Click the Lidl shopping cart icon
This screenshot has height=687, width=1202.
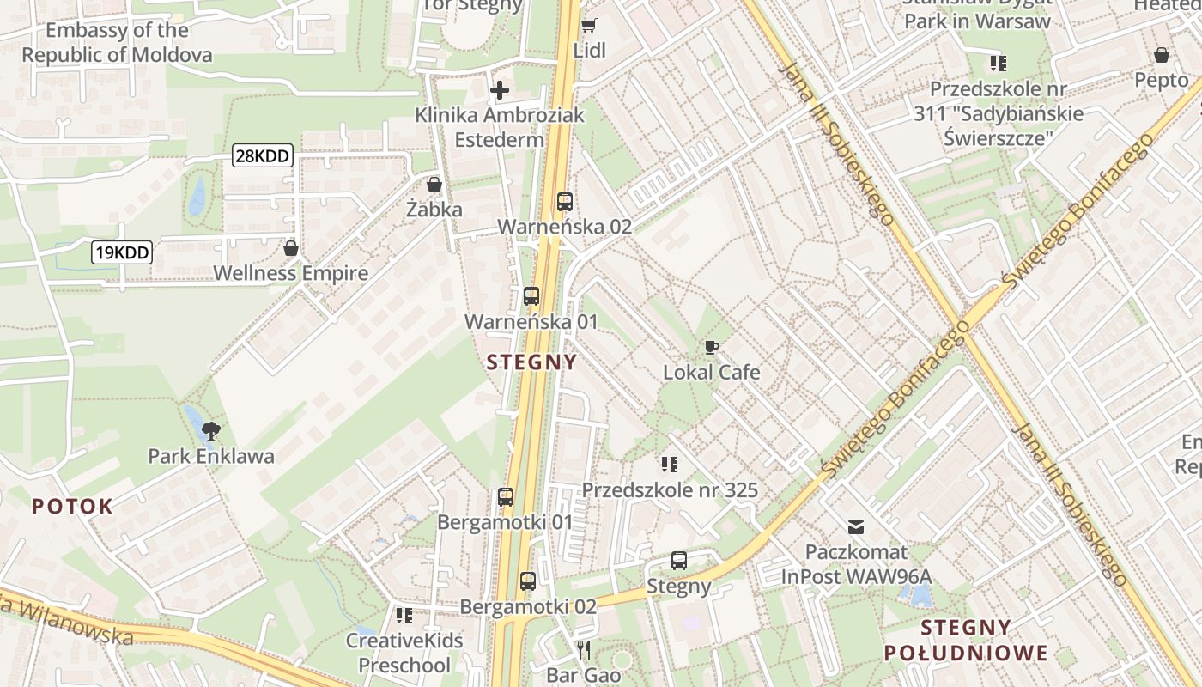tap(588, 25)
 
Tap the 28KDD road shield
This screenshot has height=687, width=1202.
tap(263, 155)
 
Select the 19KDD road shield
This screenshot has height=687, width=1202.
tap(122, 252)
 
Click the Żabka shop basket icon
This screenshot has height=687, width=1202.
tap(434, 185)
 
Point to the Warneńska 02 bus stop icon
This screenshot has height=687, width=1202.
tap(564, 202)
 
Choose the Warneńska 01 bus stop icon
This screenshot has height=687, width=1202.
tap(531, 296)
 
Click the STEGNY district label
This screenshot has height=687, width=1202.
tap(531, 362)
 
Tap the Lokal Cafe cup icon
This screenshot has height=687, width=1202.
tap(711, 348)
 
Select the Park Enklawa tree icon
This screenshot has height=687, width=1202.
tap(210, 430)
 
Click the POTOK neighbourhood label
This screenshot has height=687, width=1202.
tap(73, 506)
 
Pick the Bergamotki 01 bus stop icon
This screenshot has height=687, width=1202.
tap(506, 497)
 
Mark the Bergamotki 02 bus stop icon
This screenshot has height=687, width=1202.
tap(528, 581)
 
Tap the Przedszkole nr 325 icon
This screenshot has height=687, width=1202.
tap(670, 465)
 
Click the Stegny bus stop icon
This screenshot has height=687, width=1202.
tap(679, 561)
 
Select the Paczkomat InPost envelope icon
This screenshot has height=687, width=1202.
tap(856, 526)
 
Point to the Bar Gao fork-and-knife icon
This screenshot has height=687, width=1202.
tap(584, 649)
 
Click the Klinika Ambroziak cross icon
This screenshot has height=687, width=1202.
tap(500, 89)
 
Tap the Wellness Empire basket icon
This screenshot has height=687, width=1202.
tap(291, 248)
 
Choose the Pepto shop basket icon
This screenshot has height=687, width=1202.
tap(1162, 56)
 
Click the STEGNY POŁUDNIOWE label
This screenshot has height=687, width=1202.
tap(966, 639)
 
